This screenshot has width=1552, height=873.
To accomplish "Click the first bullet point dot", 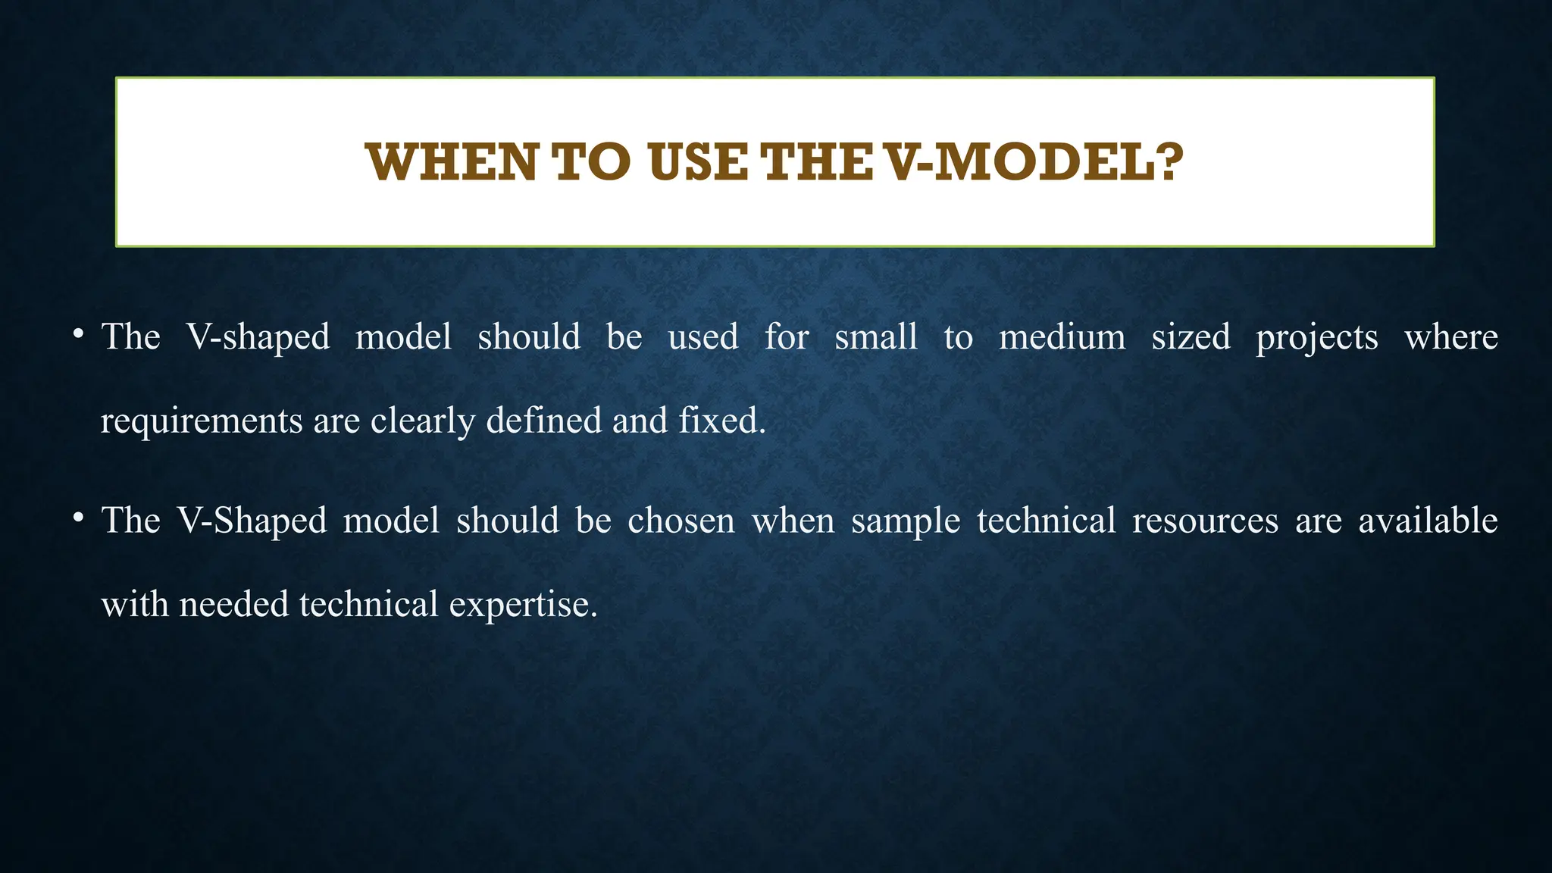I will tap(77, 334).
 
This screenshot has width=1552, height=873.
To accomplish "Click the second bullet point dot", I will tap(77, 518).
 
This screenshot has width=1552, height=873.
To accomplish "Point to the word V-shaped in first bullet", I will tap(258, 337).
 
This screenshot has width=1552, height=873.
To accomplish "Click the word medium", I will tap(1062, 337).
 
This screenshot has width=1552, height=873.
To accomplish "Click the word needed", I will tap(234, 605).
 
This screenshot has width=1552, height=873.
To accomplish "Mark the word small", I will tap(876, 337).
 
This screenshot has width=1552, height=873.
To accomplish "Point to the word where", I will tap(1450, 337).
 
